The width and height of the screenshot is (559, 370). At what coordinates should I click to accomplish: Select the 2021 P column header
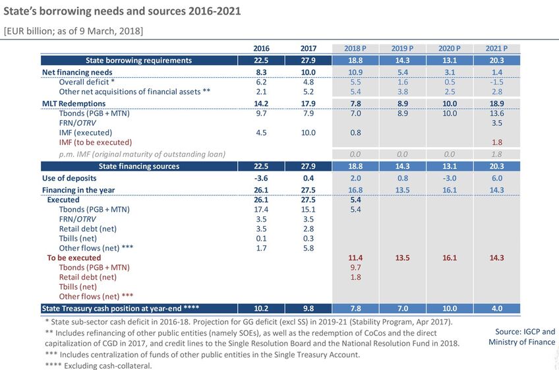[x=496, y=48]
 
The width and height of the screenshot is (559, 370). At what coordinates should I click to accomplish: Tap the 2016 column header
[x=261, y=48]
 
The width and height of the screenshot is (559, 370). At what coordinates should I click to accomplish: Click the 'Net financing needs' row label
[x=77, y=72]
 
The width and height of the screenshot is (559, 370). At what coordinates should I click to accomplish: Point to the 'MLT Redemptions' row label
[x=73, y=104]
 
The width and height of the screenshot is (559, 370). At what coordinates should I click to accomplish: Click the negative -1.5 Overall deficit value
[x=496, y=82]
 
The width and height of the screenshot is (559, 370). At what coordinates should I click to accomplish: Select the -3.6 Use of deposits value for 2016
[x=261, y=178]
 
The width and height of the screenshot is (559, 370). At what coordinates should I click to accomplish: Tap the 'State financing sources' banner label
[x=138, y=166]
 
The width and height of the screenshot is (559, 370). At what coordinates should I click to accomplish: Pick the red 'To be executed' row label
[x=74, y=258]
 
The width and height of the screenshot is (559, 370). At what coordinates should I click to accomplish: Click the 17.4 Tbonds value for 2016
[x=261, y=210]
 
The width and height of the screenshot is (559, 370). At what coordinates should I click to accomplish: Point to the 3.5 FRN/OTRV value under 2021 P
[x=496, y=123]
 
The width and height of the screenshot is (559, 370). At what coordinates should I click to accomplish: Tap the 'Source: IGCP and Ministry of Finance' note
[x=521, y=336]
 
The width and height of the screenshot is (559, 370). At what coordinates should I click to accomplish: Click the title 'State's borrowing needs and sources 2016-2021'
[x=122, y=11]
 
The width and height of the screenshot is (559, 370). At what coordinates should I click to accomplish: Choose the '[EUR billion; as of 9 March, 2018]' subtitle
[x=73, y=31]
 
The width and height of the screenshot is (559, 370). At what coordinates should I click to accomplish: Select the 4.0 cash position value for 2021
[x=496, y=308]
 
